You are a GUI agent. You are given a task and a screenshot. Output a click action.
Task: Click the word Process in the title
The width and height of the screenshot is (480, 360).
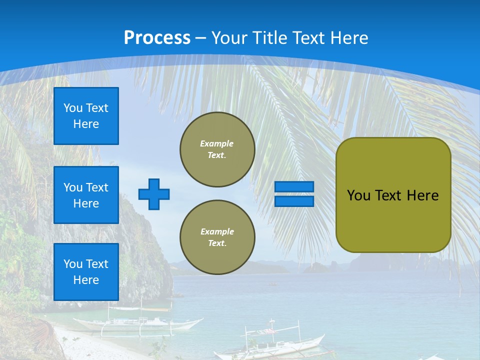tap(157, 37)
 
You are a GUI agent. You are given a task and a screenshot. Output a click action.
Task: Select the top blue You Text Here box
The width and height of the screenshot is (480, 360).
tap(86, 116)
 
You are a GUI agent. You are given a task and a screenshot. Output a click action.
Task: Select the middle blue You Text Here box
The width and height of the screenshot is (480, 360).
tap(86, 195)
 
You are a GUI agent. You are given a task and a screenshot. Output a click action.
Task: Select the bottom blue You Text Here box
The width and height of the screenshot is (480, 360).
tap(86, 272)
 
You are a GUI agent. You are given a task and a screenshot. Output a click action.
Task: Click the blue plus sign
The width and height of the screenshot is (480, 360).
tap(154, 194)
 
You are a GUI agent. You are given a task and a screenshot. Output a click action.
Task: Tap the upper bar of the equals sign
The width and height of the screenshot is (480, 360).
tap(294, 187)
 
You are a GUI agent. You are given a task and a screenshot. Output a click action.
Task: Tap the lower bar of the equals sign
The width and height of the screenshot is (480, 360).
tap(294, 201)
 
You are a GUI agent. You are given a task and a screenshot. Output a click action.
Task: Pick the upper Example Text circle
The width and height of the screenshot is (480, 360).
tap(217, 149)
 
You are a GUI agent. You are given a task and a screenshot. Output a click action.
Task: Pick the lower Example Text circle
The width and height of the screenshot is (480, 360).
tap(217, 237)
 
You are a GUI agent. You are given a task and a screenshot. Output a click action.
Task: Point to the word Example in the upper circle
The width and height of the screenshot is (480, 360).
tap(216, 143)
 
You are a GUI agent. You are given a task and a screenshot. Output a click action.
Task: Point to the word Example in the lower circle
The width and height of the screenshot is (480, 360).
tap(217, 231)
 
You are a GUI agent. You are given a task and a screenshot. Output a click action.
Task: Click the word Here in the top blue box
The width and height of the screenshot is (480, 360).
tap(86, 124)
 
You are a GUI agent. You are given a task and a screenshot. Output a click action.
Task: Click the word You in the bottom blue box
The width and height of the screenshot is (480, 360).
tap(73, 264)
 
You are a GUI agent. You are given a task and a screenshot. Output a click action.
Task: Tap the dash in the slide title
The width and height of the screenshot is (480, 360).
tap(201, 38)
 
